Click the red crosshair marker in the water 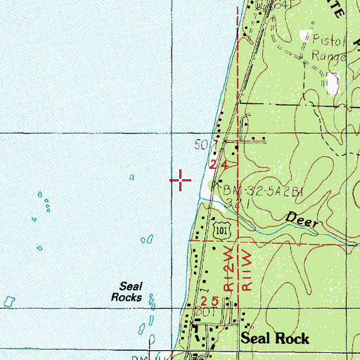tap(181, 181)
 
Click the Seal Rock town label tap(275, 338)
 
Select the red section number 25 tap(218, 301)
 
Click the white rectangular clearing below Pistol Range tap(333, 84)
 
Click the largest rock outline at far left tap(9, 301)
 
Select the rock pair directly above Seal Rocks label tap(146, 240)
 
